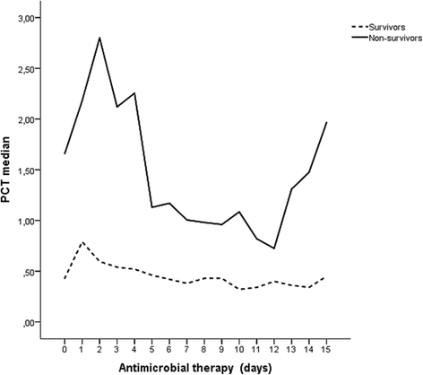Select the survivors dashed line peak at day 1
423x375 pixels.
point(82,241)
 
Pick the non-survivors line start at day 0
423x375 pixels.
point(65,153)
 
